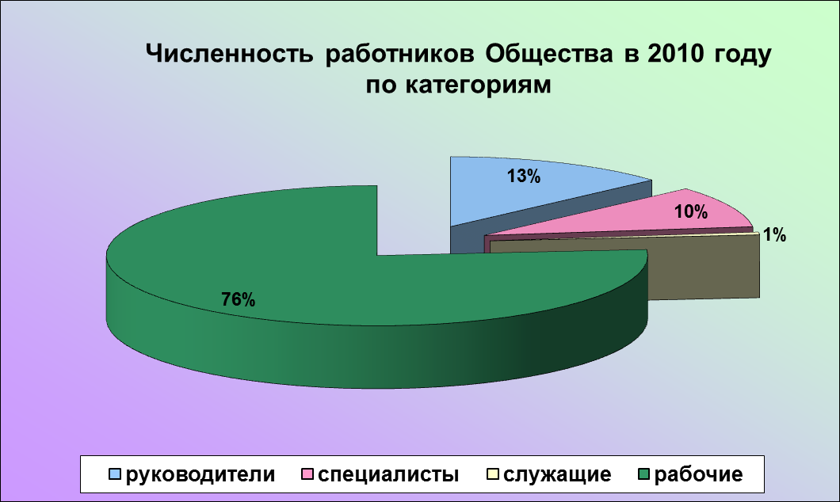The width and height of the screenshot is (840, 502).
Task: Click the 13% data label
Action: click(x=524, y=176)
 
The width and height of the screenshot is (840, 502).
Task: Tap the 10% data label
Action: click(x=690, y=212)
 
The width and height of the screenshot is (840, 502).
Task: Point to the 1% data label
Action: click(x=774, y=234)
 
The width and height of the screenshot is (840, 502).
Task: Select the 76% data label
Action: click(x=239, y=300)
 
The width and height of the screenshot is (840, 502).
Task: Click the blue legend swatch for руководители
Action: click(x=115, y=474)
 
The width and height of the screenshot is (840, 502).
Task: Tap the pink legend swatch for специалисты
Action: click(x=307, y=474)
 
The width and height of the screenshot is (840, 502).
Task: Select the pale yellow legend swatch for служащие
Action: click(x=494, y=474)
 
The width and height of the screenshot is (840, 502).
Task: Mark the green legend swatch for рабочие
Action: click(x=644, y=474)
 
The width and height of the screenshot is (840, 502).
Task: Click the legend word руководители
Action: click(x=200, y=475)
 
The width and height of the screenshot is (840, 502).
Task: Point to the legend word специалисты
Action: click(x=388, y=475)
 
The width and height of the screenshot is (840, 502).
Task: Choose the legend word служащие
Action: click(x=558, y=475)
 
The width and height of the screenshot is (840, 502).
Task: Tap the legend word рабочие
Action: click(x=699, y=475)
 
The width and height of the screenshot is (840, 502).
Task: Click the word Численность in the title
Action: click(x=229, y=54)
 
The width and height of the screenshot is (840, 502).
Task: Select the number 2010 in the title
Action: click(x=675, y=54)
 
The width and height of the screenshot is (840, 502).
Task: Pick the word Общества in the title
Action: click(x=549, y=54)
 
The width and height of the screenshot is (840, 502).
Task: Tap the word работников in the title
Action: click(x=399, y=54)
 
